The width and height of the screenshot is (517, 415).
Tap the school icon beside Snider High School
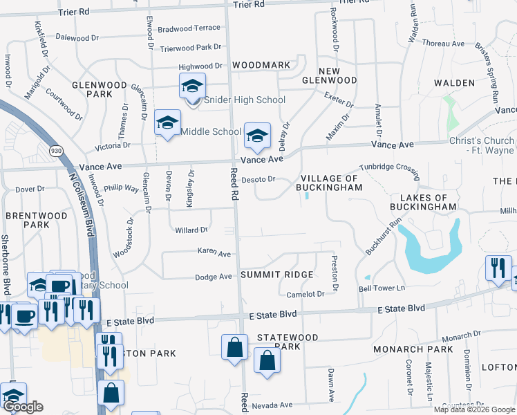(192, 86)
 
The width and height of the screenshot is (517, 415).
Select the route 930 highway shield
(56, 149)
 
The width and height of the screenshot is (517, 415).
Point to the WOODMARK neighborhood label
(261, 65)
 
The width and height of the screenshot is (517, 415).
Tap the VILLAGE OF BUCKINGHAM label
(330, 182)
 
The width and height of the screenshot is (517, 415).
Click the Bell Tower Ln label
(381, 288)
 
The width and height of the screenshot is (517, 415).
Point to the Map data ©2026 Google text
(474, 409)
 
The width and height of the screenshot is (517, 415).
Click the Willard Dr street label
(191, 230)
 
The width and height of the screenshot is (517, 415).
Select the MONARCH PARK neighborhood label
(413, 349)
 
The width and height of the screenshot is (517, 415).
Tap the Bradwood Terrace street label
(189, 29)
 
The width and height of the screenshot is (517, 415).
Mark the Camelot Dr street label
(305, 294)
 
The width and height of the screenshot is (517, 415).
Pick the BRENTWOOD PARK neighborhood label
(37, 220)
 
